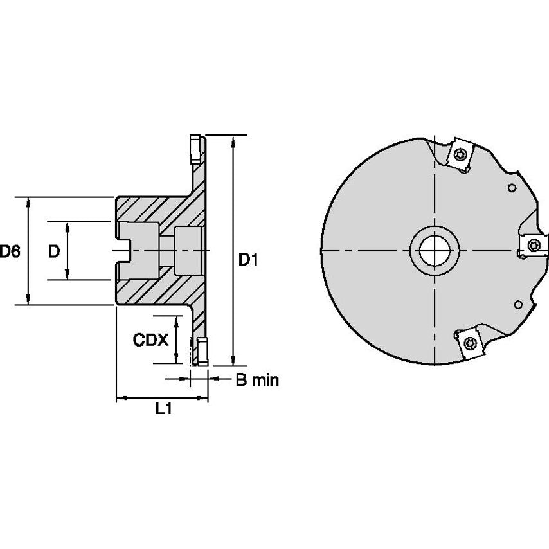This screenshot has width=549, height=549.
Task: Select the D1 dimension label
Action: tap(249, 260)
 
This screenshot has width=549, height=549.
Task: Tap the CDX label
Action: tap(150, 339)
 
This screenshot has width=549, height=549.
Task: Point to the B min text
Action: tap(256, 380)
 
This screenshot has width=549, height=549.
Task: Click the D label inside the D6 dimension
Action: tap(55, 251)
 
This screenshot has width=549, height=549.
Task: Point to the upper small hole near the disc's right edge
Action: tap(512, 188)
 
